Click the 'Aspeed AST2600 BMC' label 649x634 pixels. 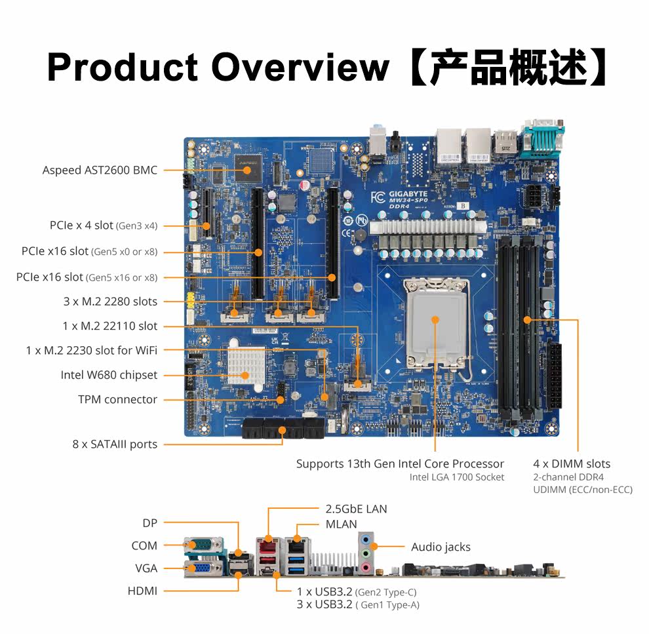coord(100,170)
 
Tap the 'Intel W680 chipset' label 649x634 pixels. coord(109,375)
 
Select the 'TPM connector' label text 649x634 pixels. coord(117,399)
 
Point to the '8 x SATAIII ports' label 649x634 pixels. coord(115,444)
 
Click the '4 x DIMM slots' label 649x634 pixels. coord(572,464)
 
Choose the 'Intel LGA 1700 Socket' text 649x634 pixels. coord(457,477)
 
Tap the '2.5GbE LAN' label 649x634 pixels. coord(356,509)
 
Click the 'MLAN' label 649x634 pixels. coord(341,525)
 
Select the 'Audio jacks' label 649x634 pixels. coord(441,547)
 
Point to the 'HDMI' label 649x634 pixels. coord(142,591)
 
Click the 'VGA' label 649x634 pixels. coord(146,568)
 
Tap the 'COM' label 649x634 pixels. coord(144,546)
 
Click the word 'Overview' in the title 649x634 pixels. coord(300,67)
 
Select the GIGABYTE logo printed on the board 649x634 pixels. coord(408,193)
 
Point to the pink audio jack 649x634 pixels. coord(365,567)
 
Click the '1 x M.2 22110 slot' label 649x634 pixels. coord(109,326)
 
